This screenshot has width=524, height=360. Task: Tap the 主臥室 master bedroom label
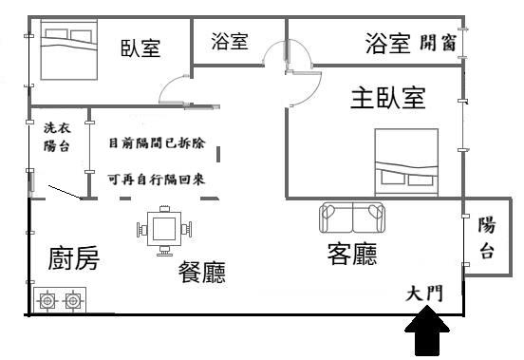pyautogui.click(x=387, y=98)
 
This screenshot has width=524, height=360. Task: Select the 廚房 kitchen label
pyautogui.click(x=73, y=258)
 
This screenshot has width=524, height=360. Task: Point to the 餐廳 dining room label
pyautogui.click(x=202, y=274)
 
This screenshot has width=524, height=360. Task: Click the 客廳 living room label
pyautogui.click(x=351, y=255)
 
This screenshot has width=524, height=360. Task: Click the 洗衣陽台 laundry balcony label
pyautogui.click(x=56, y=137)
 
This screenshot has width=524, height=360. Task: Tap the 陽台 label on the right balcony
pyautogui.click(x=486, y=238)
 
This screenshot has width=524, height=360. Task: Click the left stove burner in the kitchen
pyautogui.click(x=47, y=302)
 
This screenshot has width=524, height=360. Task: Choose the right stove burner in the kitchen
pyautogui.click(x=71, y=302)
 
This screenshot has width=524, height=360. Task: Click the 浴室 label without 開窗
pyautogui.click(x=229, y=42)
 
